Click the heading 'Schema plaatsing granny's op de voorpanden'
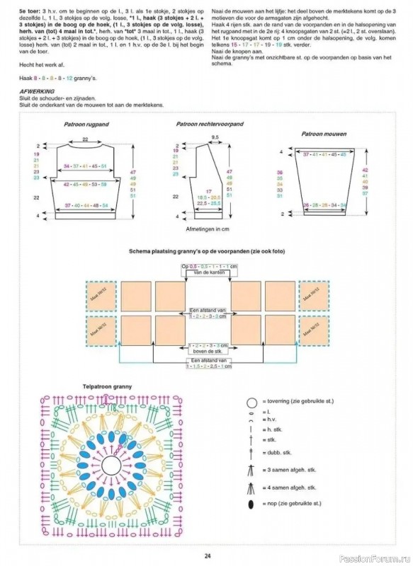(207, 251)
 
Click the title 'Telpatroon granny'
(107, 387)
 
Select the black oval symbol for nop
(251, 503)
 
